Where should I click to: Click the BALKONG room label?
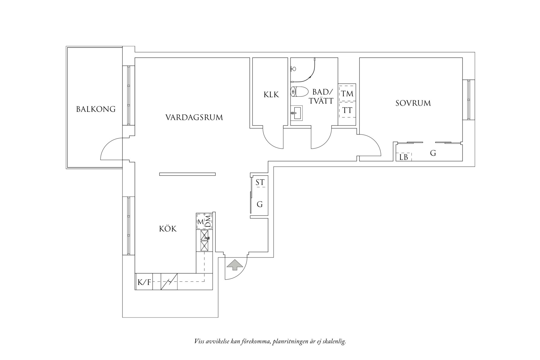point(96,109)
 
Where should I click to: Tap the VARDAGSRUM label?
point(194,117)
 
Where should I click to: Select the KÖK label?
point(168,228)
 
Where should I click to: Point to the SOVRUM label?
point(413,103)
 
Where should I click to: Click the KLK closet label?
point(271,95)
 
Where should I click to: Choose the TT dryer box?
point(347,110)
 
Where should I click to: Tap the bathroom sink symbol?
point(296,113)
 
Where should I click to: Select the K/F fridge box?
point(144,282)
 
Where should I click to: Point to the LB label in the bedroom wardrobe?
point(404,157)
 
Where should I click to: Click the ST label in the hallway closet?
point(260,182)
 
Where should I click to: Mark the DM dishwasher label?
point(208,221)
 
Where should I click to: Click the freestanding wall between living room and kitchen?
point(187,174)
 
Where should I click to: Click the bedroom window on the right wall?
point(469,99)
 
